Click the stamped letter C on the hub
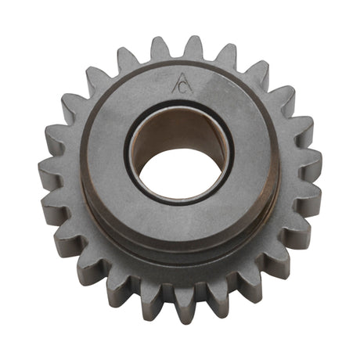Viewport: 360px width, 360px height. (x=183, y=89)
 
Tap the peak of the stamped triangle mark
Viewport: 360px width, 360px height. (x=182, y=74)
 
